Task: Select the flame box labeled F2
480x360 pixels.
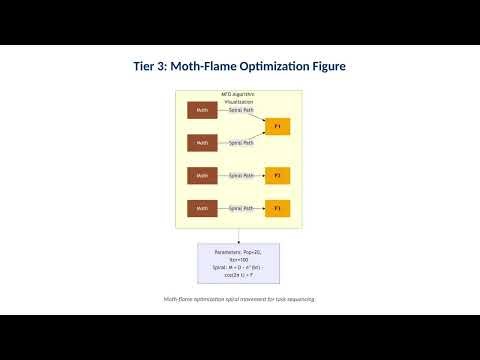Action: tap(277, 175)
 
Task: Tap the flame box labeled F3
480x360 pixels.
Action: tap(277, 208)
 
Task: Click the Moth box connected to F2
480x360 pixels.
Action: tap(202, 175)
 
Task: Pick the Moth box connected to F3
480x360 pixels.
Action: tap(202, 208)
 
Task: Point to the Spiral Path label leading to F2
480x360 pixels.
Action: tap(241, 175)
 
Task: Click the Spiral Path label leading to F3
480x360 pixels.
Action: tap(241, 208)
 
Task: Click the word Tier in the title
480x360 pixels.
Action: tap(147, 67)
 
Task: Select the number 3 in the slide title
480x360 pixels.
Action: tap(169, 67)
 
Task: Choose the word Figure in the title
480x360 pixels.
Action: tap(329, 67)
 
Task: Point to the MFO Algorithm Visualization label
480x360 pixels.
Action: tap(239, 97)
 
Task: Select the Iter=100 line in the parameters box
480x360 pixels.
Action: tap(239, 260)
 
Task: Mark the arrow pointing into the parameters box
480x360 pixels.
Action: tap(239, 239)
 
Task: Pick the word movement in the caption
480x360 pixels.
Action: tap(245, 299)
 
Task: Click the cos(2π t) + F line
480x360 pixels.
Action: tap(239, 276)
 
